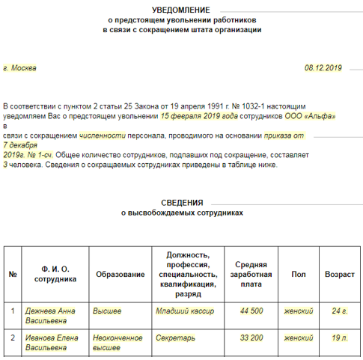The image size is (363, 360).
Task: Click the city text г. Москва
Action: point(20,68)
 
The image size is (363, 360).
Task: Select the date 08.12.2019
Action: point(323,68)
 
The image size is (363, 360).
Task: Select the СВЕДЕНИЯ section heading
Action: point(183,203)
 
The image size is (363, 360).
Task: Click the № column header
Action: point(13,275)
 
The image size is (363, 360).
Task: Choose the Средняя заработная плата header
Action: point(251,275)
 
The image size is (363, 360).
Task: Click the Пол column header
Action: point(299,275)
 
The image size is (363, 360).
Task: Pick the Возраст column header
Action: point(340,275)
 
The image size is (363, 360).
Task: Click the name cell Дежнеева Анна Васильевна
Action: point(51,314)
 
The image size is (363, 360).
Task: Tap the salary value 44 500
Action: point(251,310)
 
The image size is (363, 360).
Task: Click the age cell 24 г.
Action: point(340,310)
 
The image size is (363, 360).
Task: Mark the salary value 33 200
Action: point(251,338)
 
